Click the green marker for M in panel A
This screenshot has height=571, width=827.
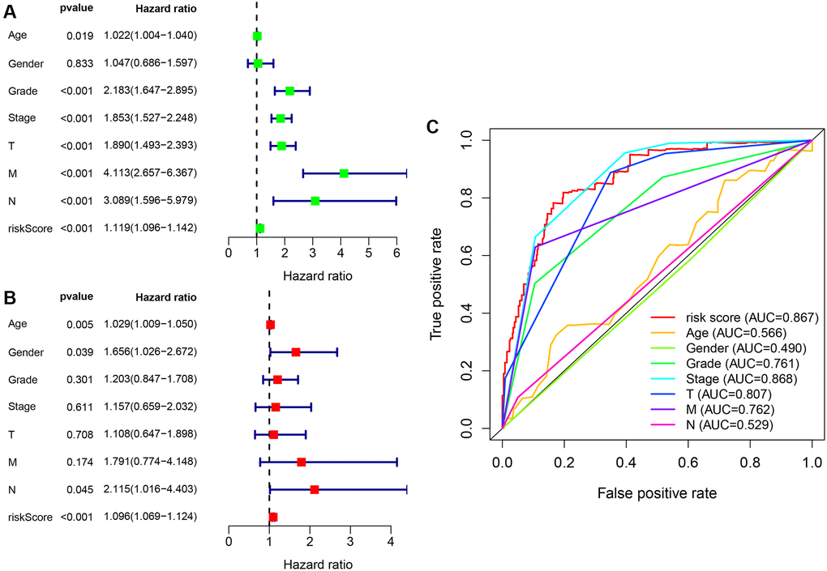(x=344, y=173)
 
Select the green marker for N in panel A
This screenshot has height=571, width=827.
(x=315, y=201)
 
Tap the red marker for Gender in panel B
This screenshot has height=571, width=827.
(x=295, y=352)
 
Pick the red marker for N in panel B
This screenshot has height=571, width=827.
(x=314, y=489)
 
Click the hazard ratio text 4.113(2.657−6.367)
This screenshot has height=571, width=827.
(x=150, y=173)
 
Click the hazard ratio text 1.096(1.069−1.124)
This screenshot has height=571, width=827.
(x=150, y=517)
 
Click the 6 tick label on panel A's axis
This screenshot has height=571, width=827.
(x=396, y=253)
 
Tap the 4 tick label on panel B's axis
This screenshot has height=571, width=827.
(x=390, y=541)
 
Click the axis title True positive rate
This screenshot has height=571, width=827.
(x=437, y=283)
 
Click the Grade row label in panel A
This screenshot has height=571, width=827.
(x=22, y=91)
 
